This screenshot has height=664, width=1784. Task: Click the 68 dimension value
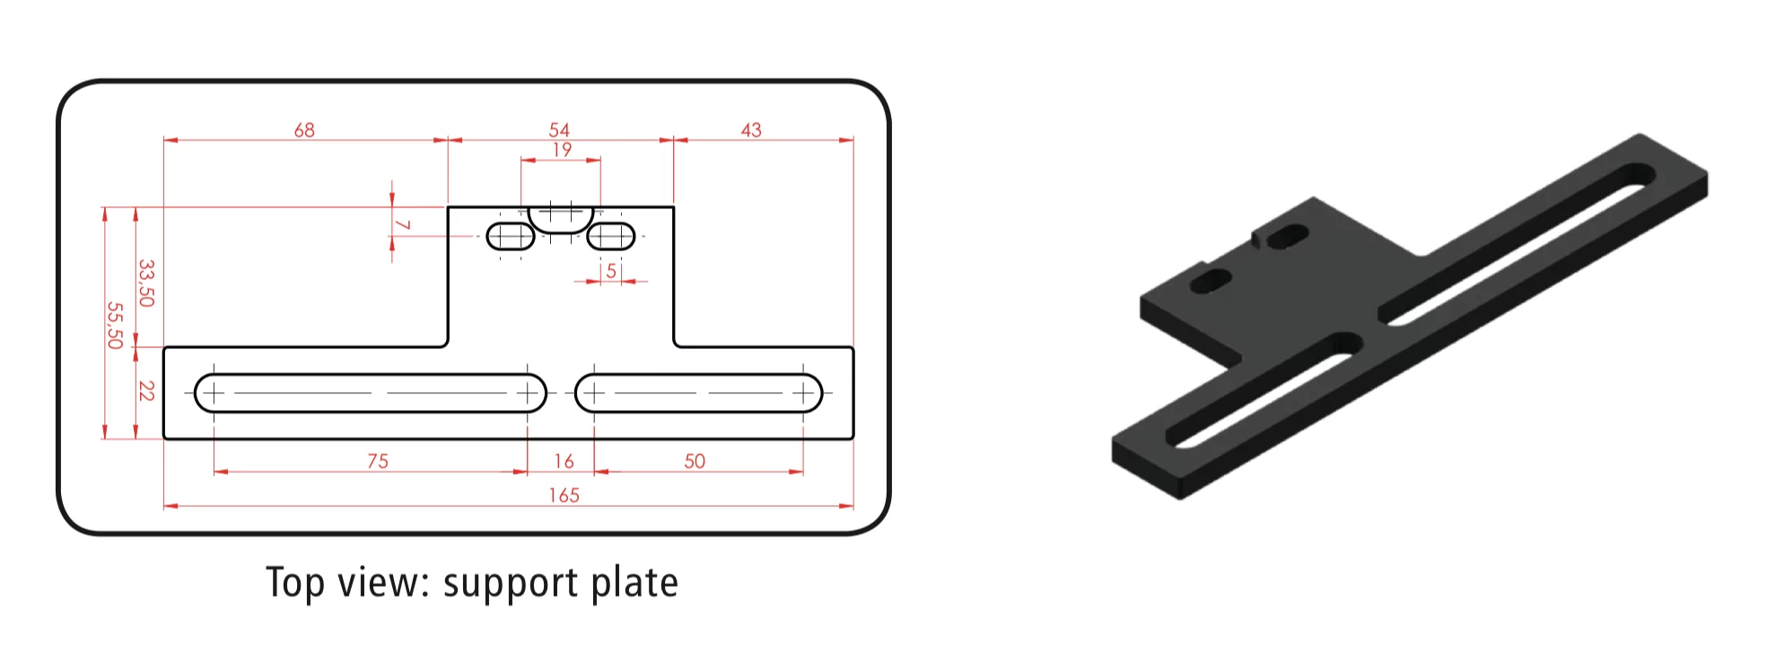(304, 130)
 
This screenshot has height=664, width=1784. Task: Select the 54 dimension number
(559, 130)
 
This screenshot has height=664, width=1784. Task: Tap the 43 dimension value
(751, 130)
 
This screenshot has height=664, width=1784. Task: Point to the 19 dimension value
(562, 150)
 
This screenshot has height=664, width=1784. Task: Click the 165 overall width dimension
(564, 495)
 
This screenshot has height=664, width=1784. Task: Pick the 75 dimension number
(378, 461)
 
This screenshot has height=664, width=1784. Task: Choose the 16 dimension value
(564, 461)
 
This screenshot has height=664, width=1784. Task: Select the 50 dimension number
(695, 461)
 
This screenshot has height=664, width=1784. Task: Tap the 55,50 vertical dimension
(115, 325)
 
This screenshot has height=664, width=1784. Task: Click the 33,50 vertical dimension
(146, 283)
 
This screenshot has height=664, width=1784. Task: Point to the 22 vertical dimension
(146, 391)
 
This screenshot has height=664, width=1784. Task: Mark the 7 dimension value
(403, 224)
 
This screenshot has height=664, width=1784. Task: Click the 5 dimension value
(611, 271)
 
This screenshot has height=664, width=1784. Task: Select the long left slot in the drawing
(370, 393)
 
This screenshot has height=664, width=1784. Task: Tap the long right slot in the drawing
(698, 393)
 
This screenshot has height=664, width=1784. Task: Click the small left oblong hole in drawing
(511, 237)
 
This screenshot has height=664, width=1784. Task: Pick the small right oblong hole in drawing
(610, 237)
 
